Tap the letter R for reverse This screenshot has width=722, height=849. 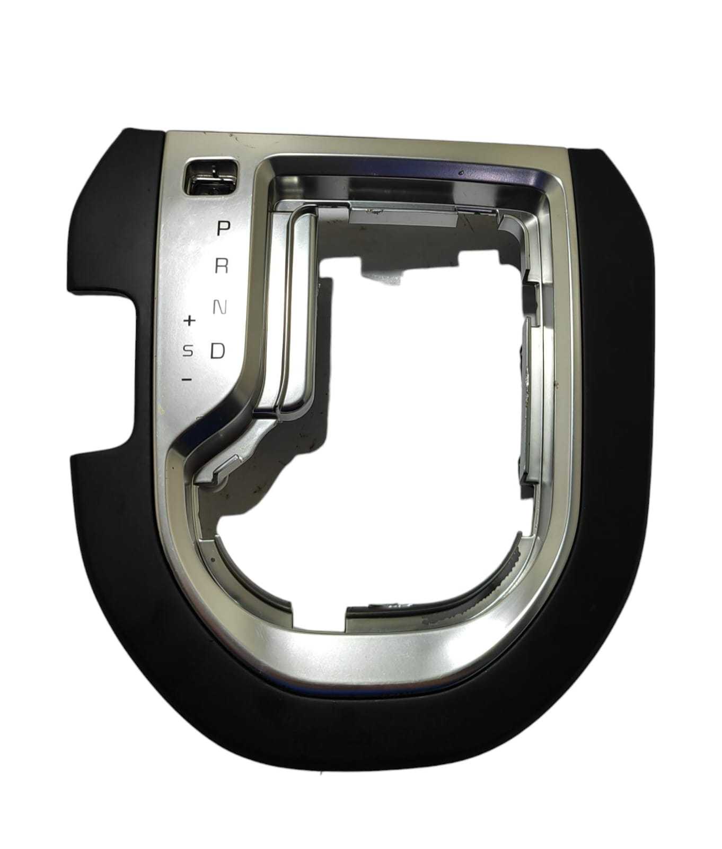click(222, 267)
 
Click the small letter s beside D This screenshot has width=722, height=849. click(188, 351)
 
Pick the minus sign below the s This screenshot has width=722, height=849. click(186, 379)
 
